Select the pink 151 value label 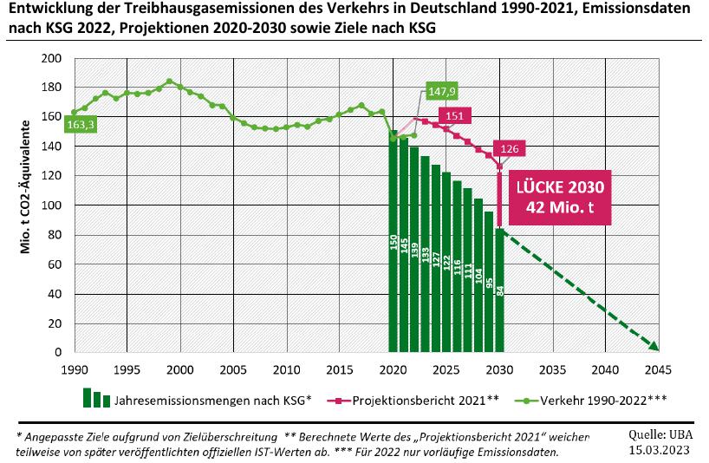[454, 116]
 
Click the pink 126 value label [508, 149]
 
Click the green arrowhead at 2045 [654, 346]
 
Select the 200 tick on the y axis [52, 58]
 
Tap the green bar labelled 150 [393, 243]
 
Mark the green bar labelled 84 [499, 290]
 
